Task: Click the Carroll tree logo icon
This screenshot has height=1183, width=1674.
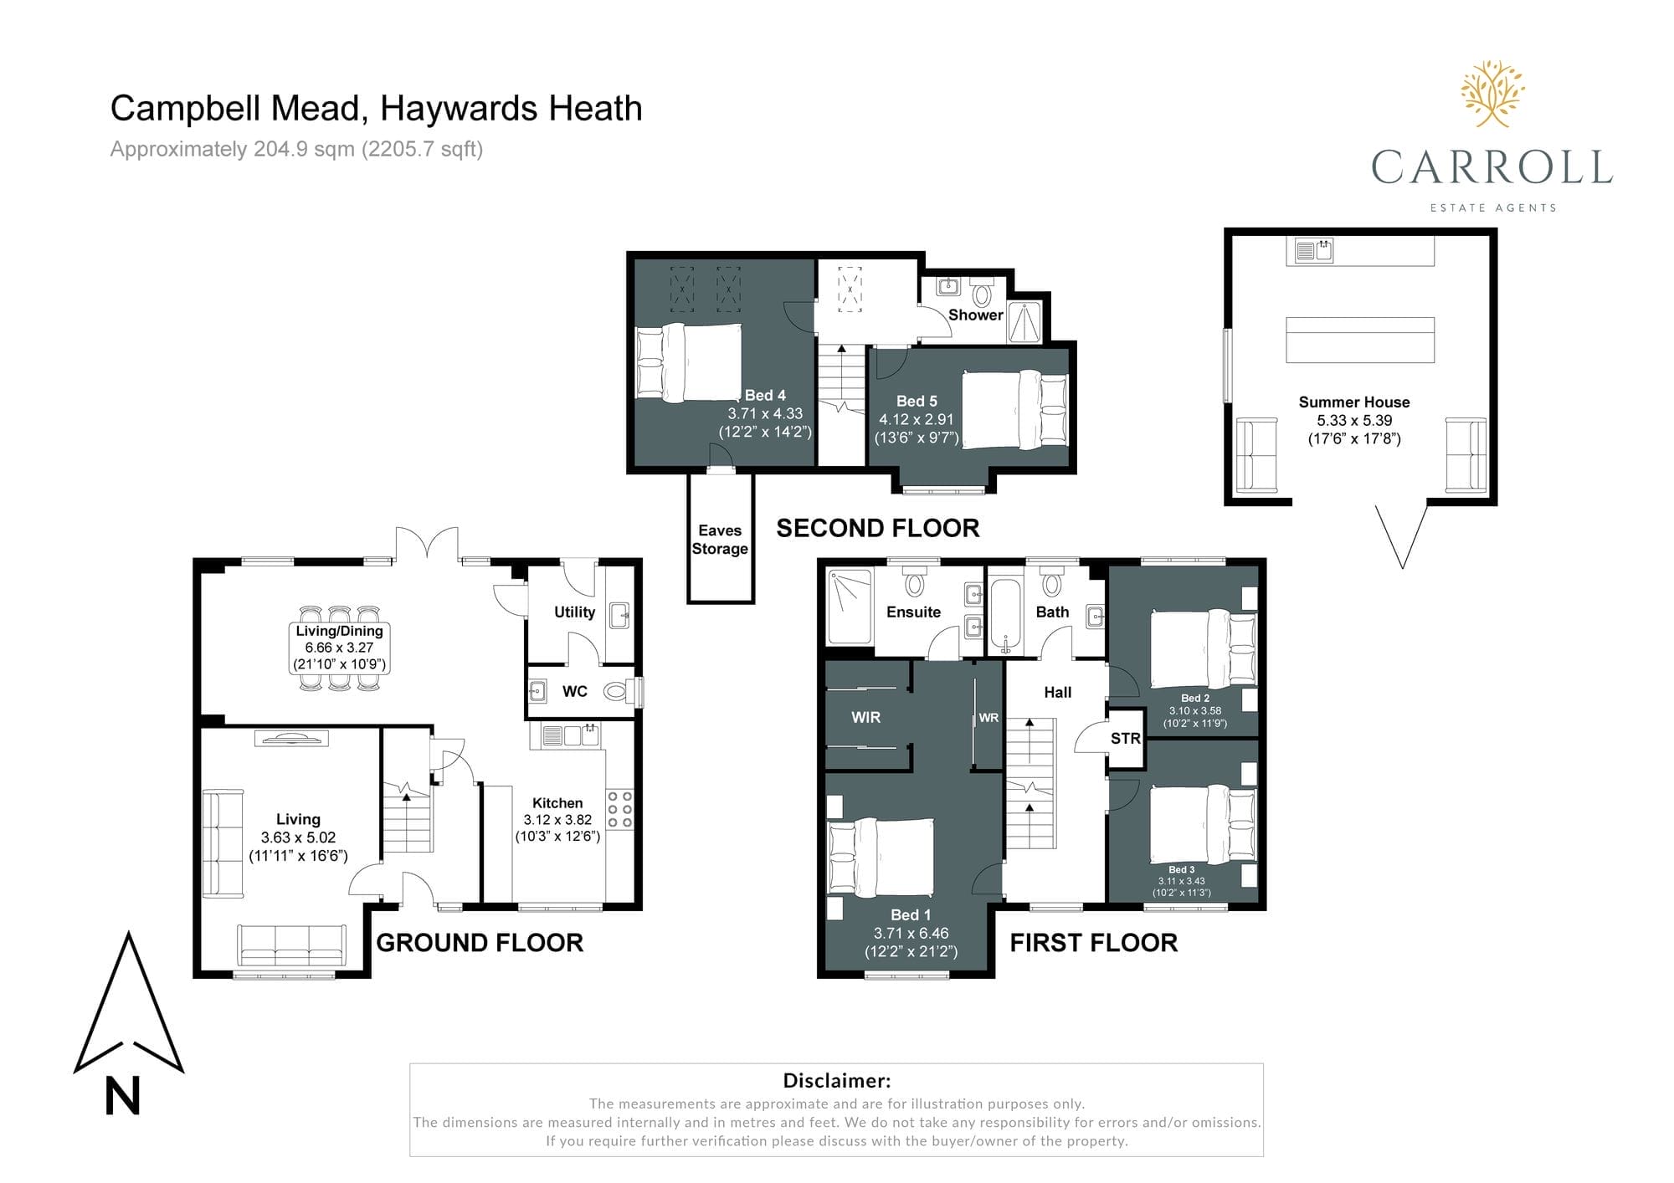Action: click(x=1492, y=94)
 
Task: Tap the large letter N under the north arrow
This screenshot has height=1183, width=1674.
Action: click(x=122, y=1096)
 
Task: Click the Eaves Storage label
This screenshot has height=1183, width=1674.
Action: click(x=720, y=540)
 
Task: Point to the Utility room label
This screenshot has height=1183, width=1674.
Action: click(x=574, y=612)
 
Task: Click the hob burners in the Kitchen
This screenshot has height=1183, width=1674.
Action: click(x=620, y=810)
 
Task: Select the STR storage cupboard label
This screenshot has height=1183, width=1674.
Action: click(x=1125, y=739)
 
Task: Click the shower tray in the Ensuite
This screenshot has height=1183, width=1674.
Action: click(x=850, y=607)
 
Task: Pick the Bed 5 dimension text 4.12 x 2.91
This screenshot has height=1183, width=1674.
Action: click(x=917, y=420)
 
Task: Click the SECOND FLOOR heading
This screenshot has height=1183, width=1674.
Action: click(x=878, y=529)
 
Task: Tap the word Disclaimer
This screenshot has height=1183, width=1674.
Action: click(x=836, y=1081)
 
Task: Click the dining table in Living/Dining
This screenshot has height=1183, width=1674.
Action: click(x=339, y=648)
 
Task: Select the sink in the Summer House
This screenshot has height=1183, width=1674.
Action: click(x=1313, y=250)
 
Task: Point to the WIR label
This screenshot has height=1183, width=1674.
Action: click(x=865, y=718)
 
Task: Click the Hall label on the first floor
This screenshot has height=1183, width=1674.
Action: click(x=1058, y=693)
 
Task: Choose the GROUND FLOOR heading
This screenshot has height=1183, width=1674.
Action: click(x=480, y=943)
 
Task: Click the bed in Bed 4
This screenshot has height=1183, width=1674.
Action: click(x=689, y=362)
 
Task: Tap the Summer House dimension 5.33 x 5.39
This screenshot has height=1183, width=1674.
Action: click(x=1354, y=421)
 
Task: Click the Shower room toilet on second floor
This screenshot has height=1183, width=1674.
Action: click(x=982, y=294)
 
